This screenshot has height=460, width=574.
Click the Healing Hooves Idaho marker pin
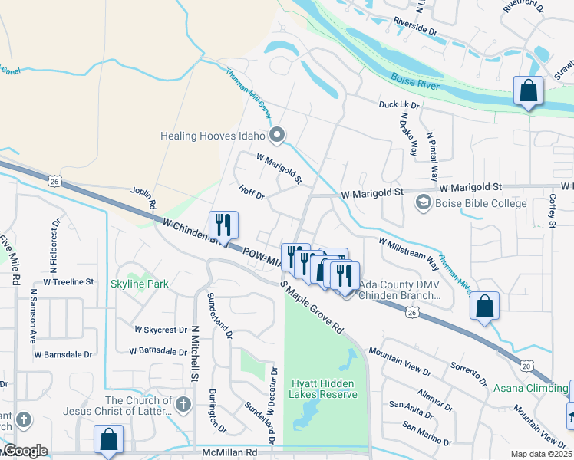278,136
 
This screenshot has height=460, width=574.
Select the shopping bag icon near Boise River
529,91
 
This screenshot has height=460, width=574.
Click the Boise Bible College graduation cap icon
422,203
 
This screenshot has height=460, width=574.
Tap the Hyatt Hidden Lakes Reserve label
324,389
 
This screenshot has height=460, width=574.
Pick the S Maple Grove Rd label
314,307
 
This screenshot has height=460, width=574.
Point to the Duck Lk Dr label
399,105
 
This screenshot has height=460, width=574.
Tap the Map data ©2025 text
542,454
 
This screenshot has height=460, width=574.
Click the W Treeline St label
68,282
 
